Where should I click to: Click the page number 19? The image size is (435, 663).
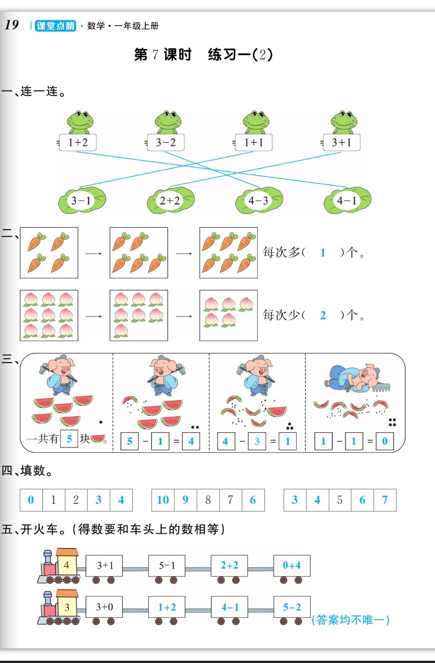12,25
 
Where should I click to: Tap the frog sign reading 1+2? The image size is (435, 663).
78,142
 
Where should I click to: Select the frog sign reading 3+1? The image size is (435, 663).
342,142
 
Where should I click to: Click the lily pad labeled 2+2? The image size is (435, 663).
170,200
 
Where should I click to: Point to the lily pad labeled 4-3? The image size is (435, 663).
258,200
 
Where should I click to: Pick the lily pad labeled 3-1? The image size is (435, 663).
81,200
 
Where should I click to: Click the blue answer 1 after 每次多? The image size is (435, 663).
322,253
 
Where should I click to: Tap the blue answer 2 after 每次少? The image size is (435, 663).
322,315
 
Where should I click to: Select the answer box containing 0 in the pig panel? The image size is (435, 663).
385,441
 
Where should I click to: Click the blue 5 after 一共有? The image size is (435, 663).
69,439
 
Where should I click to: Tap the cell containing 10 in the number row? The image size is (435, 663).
163,500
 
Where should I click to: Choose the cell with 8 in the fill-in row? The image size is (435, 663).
208,500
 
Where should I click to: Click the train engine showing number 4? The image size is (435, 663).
60,567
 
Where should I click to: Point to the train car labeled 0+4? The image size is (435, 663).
291,565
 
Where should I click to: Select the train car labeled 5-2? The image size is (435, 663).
291,607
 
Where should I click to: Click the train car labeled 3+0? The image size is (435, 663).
104,607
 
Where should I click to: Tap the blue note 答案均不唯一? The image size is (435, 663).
351,619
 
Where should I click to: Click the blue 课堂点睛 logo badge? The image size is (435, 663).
55,26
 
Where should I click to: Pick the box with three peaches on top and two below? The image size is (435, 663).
228,315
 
